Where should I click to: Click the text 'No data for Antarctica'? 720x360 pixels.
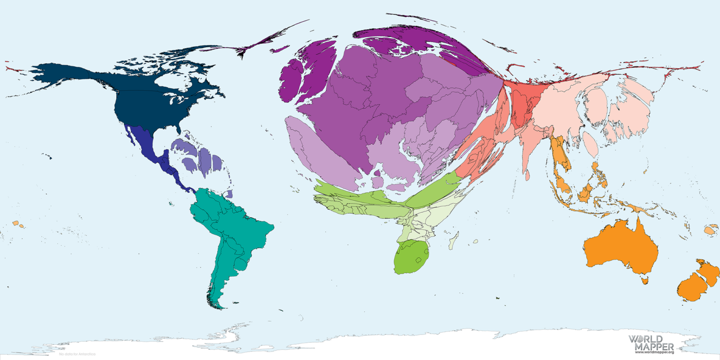[77, 354]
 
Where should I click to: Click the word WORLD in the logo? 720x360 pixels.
[645, 338]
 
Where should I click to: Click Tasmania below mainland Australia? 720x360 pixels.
[645, 280]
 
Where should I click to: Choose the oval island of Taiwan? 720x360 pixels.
[592, 144]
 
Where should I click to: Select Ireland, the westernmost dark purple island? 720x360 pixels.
[291, 80]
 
